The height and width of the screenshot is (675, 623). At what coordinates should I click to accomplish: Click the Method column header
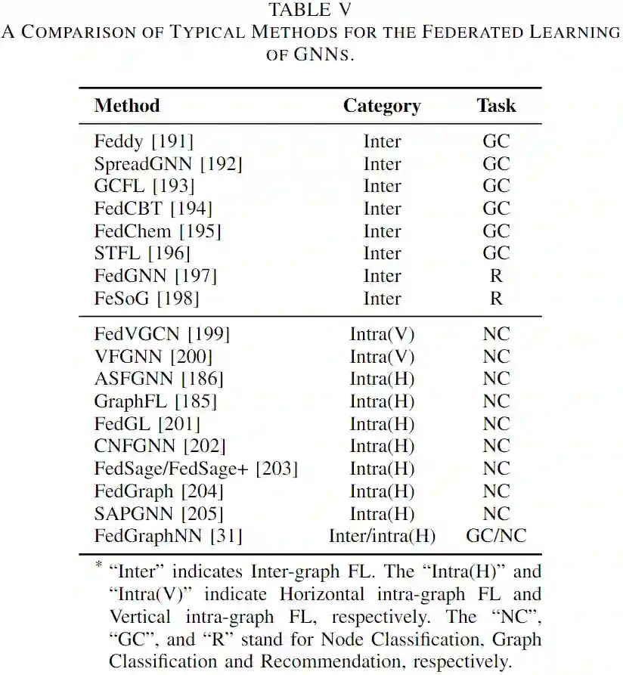[x=126, y=105]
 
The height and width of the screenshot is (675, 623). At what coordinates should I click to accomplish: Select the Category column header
[x=382, y=105]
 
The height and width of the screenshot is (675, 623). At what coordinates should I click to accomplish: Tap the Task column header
[x=496, y=105]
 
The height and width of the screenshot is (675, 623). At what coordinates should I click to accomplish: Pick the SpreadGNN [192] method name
[x=168, y=164]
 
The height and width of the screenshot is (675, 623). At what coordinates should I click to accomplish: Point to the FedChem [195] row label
[x=157, y=231]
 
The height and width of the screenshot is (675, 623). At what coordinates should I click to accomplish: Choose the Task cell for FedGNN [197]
[x=496, y=277]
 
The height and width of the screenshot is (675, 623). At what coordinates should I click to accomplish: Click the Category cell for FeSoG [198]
[x=382, y=299]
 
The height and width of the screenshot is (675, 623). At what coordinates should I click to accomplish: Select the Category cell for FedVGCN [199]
[x=382, y=334]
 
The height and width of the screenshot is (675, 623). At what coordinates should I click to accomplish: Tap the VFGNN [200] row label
[x=153, y=357]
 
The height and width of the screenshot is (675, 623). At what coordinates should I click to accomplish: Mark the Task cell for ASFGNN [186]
[x=496, y=379]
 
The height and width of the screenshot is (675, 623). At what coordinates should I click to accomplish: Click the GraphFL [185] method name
[x=155, y=401]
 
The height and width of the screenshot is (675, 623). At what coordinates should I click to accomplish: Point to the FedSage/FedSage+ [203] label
[x=196, y=469]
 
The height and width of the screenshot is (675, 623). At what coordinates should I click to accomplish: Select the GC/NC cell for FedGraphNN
[x=496, y=537]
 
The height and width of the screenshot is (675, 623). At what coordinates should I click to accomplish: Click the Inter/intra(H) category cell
[x=382, y=537]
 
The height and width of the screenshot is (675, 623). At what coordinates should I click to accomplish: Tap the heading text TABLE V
[x=311, y=10]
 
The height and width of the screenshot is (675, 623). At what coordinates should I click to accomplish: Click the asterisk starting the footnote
[x=98, y=565]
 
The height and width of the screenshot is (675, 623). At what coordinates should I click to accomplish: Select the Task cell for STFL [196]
[x=496, y=254]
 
